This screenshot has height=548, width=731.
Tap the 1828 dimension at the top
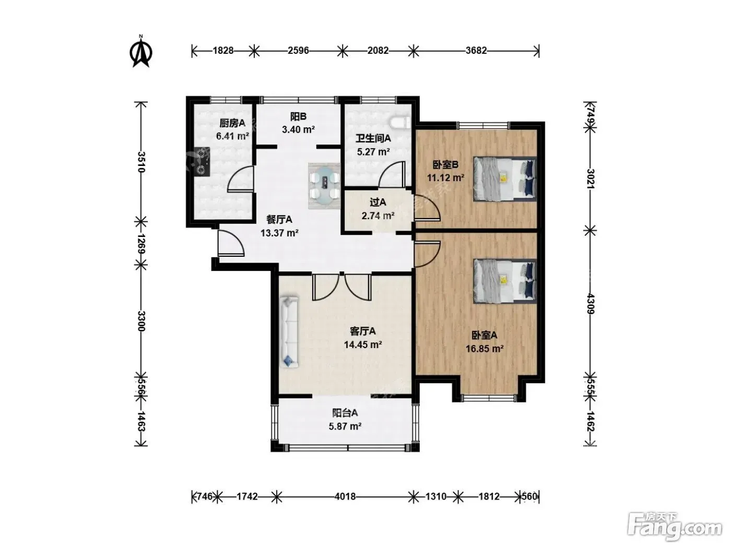[223, 51]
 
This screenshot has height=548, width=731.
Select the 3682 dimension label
[476, 51]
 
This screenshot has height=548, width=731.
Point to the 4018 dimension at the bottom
[345, 497]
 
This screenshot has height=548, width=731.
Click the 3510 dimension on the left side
[141, 162]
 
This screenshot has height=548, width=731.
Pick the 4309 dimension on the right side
[590, 303]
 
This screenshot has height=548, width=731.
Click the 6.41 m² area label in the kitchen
[232, 136]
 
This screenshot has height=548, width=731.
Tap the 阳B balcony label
[298, 116]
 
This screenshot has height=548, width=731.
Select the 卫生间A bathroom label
[373, 138]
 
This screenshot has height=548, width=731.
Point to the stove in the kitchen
[202, 161]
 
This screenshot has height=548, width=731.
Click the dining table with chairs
[325, 186]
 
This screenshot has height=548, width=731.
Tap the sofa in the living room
[289, 332]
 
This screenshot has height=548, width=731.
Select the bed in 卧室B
[505, 179]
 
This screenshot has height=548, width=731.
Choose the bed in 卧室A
[505, 281]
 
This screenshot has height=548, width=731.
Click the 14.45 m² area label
[363, 344]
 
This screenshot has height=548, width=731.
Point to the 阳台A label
[345, 413]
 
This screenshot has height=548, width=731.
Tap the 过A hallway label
[378, 202]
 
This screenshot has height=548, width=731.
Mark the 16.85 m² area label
[484, 349]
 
